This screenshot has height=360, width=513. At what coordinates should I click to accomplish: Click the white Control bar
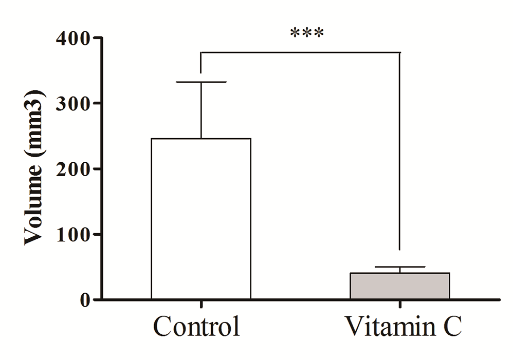tap(201, 218)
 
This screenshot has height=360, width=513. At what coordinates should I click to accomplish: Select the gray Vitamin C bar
tap(400, 286)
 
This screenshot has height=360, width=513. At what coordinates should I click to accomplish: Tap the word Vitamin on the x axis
tap(383, 327)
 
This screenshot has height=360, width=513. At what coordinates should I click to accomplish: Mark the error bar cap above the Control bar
tap(201, 82)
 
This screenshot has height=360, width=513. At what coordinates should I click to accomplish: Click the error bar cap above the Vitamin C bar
tap(400, 267)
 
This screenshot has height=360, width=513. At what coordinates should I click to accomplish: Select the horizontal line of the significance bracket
tap(300, 52)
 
